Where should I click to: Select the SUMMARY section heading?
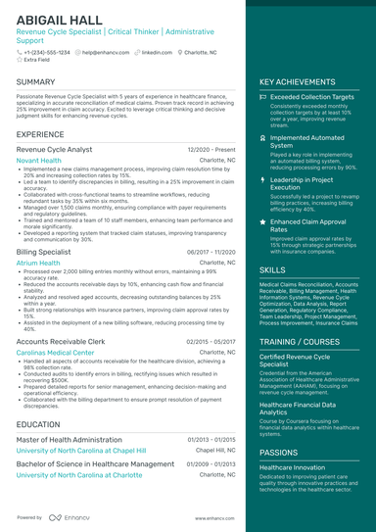[36, 82]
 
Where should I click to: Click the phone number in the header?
[47, 52]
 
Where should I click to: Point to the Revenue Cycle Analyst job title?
[55, 149]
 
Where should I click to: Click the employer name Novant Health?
[39, 160]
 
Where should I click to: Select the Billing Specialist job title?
[43, 252]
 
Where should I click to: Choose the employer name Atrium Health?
[38, 263]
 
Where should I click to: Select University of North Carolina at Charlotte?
[79, 474]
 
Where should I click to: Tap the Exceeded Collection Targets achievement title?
[312, 98]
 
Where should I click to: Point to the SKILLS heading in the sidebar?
[273, 268]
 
